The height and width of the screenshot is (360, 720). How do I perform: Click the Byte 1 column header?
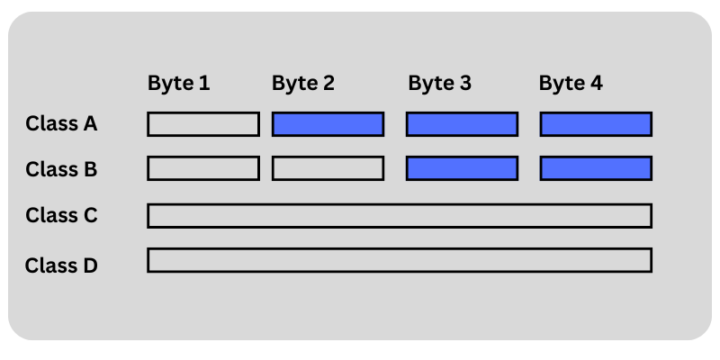(178, 84)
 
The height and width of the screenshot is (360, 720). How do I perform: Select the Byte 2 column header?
(303, 84)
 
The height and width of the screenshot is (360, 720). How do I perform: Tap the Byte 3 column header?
(439, 84)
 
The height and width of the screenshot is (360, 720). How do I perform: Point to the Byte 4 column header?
(571, 84)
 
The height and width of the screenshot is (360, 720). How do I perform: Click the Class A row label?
(61, 123)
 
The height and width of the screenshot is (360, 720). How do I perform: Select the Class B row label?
(61, 168)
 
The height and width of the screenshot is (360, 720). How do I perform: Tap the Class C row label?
(61, 215)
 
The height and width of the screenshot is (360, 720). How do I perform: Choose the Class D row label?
(61, 265)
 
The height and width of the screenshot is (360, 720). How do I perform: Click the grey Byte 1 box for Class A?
(203, 124)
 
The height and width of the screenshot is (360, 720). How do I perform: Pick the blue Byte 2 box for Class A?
(328, 124)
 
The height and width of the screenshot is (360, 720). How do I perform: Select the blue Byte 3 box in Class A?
(462, 124)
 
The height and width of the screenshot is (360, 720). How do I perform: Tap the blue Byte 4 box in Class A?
(596, 124)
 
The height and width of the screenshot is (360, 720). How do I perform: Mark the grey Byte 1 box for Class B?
(203, 168)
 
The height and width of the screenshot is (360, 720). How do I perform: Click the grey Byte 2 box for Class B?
(328, 168)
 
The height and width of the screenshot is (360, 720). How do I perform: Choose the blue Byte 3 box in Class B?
(462, 168)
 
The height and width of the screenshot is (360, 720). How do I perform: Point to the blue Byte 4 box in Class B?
(596, 168)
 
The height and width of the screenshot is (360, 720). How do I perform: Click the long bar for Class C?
(400, 216)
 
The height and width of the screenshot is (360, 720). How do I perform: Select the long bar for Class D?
(400, 260)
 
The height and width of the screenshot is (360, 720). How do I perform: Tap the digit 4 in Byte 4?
(596, 84)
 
